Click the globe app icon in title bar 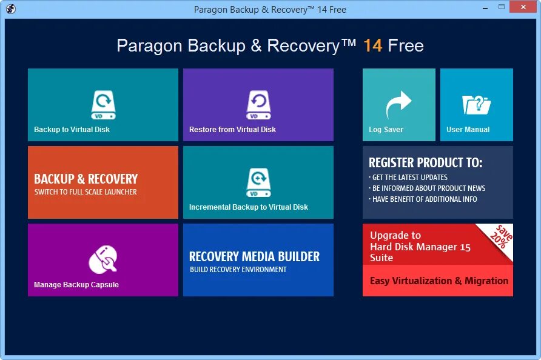coord(11,9)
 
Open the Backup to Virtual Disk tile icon coord(103,104)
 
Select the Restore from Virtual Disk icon coord(258,104)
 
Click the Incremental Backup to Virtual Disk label coord(248,207)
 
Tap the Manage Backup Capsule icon coord(103,259)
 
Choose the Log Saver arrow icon coord(398,104)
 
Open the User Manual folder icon coord(476,104)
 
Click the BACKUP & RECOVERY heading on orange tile coord(86,179)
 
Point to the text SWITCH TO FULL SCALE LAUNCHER coord(86,192)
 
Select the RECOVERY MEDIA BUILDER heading coord(254,256)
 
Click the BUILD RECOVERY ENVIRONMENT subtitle coord(238,270)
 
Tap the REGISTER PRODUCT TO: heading coord(425,162)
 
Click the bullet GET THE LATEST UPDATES coord(409,178)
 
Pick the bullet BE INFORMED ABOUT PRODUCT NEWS coord(428,188)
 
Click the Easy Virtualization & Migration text coord(439,281)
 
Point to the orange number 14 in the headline coord(372,46)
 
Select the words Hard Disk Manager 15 coord(420,247)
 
